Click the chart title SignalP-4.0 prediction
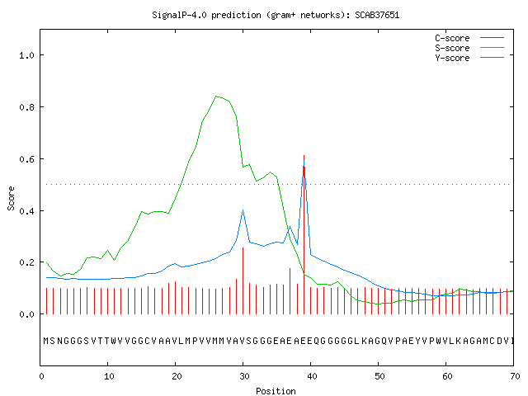click(206, 15)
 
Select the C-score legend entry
click(469, 38)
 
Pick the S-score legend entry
click(469, 48)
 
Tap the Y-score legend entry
click(469, 58)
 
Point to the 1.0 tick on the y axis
click(27, 55)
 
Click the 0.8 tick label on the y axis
click(27, 107)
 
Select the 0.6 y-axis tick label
click(27, 159)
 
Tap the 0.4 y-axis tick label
click(27, 211)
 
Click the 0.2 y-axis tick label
click(27, 262)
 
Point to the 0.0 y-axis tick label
click(27, 314)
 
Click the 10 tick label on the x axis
click(109, 376)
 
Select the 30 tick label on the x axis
click(244, 376)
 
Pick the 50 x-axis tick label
click(379, 376)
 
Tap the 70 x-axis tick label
click(515, 376)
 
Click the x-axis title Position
click(276, 391)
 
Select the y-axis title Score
click(11, 198)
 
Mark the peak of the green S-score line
click(216, 97)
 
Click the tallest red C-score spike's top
click(304, 156)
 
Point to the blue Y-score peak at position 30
click(243, 210)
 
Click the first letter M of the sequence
click(46, 341)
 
